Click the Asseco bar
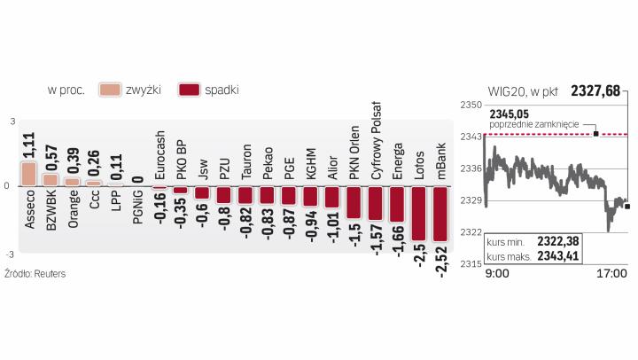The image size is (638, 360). [29, 173]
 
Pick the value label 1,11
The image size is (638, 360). [29, 145]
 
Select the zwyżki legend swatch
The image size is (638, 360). [111, 90]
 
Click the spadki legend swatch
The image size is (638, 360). [188, 90]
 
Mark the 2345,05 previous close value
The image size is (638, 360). [508, 113]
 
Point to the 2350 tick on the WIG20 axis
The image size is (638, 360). [471, 105]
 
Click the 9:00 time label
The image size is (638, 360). [496, 273]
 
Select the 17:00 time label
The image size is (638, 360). [611, 273]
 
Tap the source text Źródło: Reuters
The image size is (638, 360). [35, 274]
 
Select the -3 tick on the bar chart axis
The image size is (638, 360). [12, 252]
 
